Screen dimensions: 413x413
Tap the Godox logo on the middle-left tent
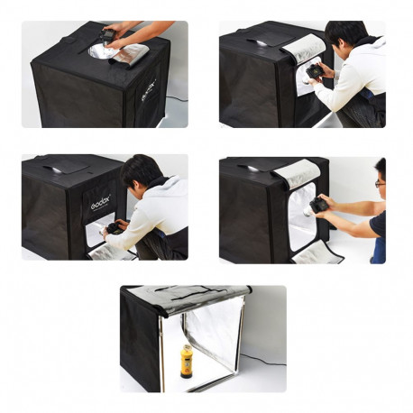(99, 204)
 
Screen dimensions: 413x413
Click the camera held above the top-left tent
(108, 36)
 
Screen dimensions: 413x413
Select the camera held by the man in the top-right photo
(314, 69)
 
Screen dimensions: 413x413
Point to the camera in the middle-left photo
(115, 228)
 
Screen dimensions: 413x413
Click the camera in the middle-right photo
(319, 205)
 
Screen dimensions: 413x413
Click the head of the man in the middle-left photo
(140, 170)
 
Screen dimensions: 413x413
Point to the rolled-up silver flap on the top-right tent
(304, 46)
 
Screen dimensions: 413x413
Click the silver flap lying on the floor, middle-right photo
(316, 252)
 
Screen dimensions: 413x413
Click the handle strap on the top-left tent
(69, 40)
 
